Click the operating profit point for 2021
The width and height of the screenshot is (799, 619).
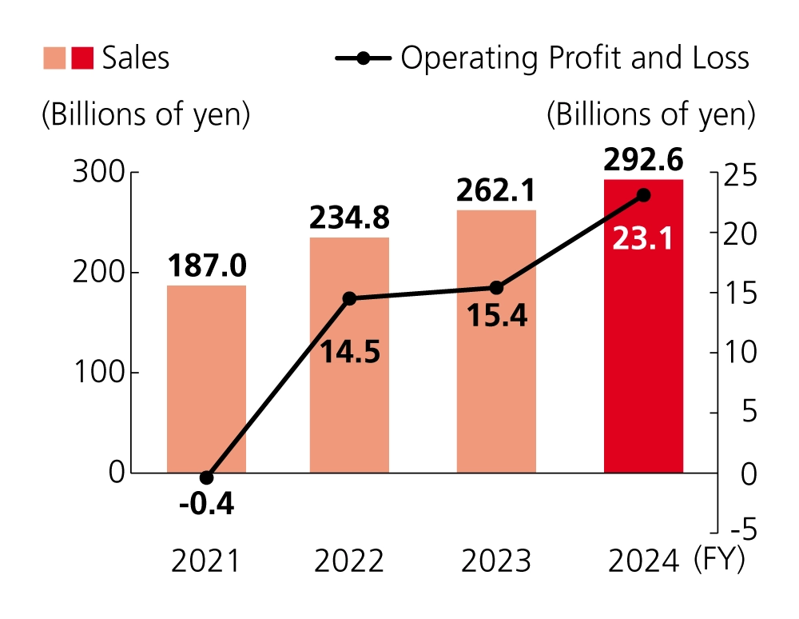point(206,477)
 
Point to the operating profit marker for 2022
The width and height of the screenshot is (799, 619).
point(349,298)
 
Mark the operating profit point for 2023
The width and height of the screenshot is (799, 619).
point(496,288)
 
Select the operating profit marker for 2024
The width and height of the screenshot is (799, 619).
point(644,195)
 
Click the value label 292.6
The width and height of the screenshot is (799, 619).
point(643,162)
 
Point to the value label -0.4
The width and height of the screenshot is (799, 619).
point(206,505)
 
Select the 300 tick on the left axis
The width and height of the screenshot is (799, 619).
point(98,173)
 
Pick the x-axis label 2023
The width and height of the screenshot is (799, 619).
point(496,562)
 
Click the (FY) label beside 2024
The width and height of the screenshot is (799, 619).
point(719,559)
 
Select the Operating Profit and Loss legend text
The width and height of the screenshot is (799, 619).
point(574,58)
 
